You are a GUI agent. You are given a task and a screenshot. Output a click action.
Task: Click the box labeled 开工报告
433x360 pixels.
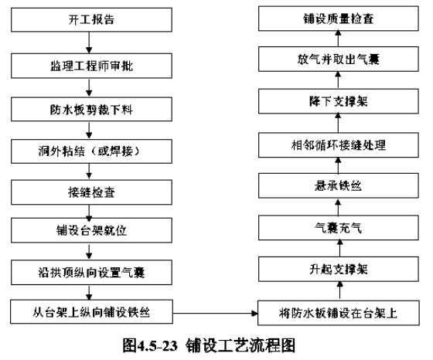pyautogui.click(x=91, y=19)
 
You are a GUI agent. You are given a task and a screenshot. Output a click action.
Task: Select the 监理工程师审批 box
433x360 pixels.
pyautogui.click(x=91, y=66)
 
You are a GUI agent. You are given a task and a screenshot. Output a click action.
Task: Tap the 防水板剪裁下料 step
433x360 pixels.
pyautogui.click(x=91, y=109)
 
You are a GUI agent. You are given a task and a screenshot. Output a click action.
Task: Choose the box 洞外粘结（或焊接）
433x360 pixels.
pyautogui.click(x=91, y=151)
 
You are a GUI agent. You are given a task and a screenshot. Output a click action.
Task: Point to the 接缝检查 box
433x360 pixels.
pyautogui.click(x=91, y=192)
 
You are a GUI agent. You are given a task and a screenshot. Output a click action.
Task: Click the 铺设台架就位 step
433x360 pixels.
pyautogui.click(x=91, y=230)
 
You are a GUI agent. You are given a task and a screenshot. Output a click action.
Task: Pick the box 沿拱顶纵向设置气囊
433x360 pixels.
pyautogui.click(x=91, y=273)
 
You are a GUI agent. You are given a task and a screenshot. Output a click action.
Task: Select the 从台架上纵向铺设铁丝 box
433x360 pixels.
pyautogui.click(x=91, y=312)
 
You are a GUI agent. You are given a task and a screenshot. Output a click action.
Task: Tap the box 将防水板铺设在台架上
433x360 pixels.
pyautogui.click(x=339, y=313)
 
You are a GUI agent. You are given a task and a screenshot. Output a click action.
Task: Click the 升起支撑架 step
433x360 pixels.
pyautogui.click(x=339, y=270)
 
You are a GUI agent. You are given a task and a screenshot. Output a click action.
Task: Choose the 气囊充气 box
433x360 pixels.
pyautogui.click(x=339, y=228)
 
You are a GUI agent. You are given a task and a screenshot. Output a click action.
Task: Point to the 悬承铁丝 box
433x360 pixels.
pyautogui.click(x=339, y=185)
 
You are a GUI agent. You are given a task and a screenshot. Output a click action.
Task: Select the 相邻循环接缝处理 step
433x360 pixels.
pyautogui.click(x=339, y=144)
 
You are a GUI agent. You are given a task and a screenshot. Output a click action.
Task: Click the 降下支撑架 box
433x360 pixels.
pyautogui.click(x=339, y=101)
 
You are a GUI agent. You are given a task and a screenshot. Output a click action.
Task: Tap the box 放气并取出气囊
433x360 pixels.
pyautogui.click(x=339, y=59)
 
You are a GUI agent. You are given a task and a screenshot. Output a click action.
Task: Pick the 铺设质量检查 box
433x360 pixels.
pyautogui.click(x=339, y=19)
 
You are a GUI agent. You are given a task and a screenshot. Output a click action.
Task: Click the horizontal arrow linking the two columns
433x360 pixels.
pyautogui.click(x=215, y=313)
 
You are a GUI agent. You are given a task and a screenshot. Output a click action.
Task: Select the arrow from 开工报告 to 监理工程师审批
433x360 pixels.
pyautogui.click(x=89, y=42)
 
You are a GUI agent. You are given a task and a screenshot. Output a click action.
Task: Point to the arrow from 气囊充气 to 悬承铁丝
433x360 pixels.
pyautogui.click(x=338, y=207)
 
